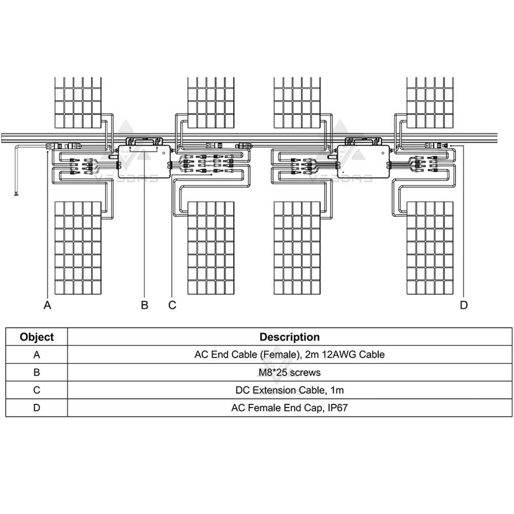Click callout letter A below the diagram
[x=48, y=305]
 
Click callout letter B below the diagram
[x=144, y=305]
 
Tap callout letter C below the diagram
[x=172, y=305]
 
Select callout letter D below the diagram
[x=464, y=305]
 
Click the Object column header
[x=36, y=337]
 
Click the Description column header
[x=289, y=337]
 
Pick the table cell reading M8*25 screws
[x=289, y=372]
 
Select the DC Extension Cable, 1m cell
[x=289, y=390]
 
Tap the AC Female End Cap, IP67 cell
[x=289, y=408]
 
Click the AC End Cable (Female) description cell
[x=289, y=355]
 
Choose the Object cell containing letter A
[x=36, y=355]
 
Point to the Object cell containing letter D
[x=36, y=408]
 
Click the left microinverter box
[x=143, y=162]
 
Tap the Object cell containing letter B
[x=36, y=372]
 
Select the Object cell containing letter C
[x=36, y=390]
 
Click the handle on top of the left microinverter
[x=144, y=139]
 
